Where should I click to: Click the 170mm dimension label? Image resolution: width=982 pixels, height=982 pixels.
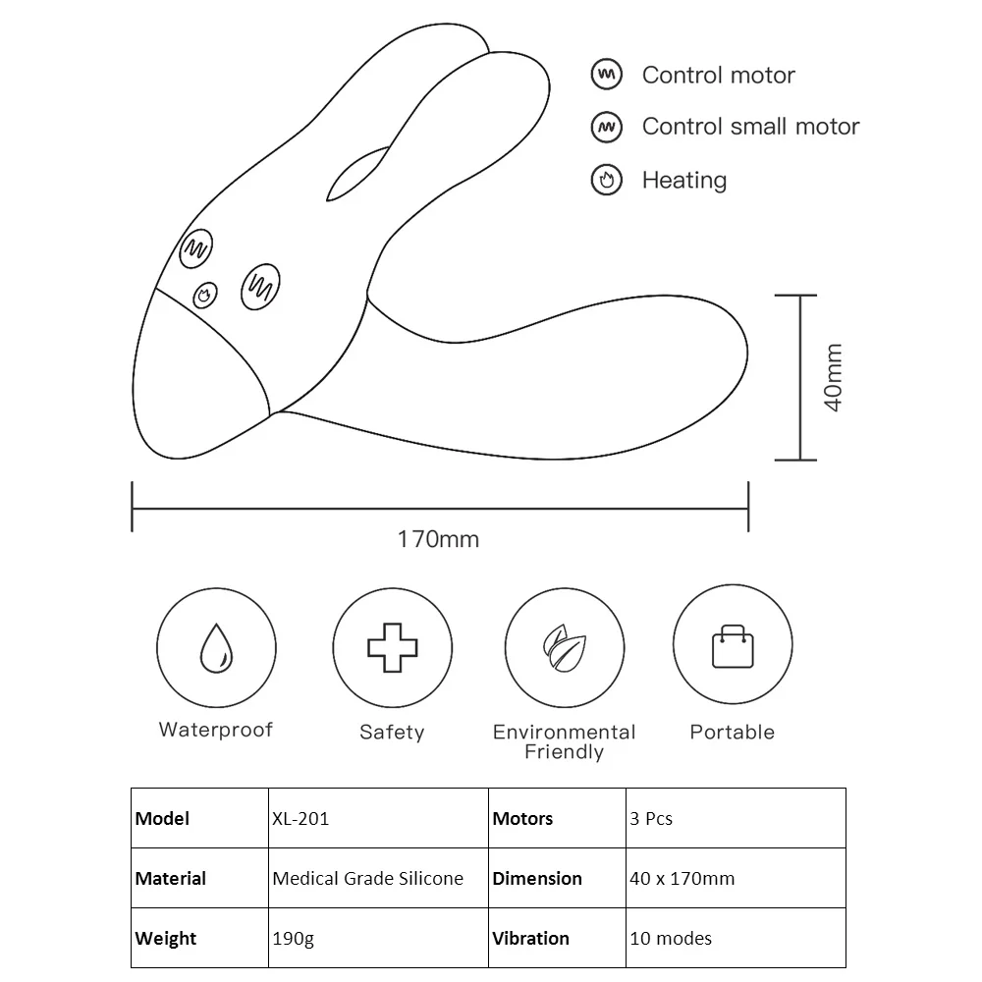(438, 539)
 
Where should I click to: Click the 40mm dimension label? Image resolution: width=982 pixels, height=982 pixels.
(833, 377)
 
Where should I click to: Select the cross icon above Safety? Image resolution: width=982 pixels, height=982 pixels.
(392, 647)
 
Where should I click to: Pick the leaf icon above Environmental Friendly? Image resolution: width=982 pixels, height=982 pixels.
(565, 647)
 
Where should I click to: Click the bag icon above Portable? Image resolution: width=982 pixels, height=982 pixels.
(733, 646)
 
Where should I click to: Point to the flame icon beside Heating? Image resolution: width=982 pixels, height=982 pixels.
(607, 180)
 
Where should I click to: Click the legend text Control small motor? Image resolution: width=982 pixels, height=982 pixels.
(750, 127)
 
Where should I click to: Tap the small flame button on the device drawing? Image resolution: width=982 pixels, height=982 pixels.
(205, 293)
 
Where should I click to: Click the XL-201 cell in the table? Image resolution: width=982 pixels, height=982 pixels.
(300, 818)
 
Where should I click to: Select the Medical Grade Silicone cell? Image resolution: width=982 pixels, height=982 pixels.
(367, 878)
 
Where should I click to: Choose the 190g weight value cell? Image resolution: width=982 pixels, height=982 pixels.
(294, 938)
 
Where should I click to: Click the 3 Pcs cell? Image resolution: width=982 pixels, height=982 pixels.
(651, 818)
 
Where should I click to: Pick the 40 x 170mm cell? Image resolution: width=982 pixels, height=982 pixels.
(682, 878)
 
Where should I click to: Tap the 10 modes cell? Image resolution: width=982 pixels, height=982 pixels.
(670, 938)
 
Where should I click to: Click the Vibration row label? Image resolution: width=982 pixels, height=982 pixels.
(530, 938)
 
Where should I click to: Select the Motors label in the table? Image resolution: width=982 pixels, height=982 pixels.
(522, 818)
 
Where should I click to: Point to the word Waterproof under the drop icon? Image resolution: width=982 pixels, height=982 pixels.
(216, 730)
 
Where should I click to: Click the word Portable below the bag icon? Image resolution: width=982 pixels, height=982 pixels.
(733, 732)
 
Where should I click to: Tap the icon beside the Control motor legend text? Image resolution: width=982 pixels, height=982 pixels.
(607, 75)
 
